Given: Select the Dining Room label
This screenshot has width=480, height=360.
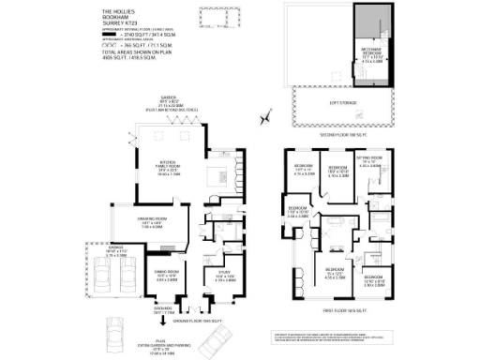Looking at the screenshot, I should click(164, 276).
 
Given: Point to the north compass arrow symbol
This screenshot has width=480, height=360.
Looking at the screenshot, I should click(266, 116).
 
